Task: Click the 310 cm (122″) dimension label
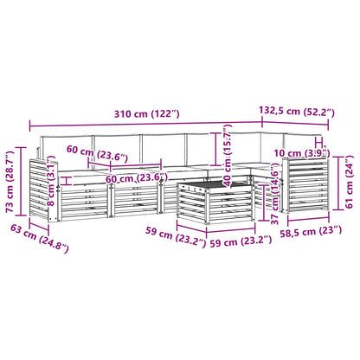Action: pyautogui.click(x=147, y=114)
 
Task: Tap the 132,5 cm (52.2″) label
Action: pyautogui.click(x=297, y=111)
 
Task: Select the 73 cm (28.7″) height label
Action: pyautogui.click(x=10, y=182)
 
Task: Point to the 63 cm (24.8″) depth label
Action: pyautogui.click(x=40, y=238)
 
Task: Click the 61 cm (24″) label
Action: pyautogui.click(x=350, y=182)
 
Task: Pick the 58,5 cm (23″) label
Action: pyautogui.click(x=311, y=232)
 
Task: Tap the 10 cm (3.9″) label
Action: pyautogui.click(x=302, y=153)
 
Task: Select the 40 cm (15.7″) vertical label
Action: pyautogui.click(x=228, y=155)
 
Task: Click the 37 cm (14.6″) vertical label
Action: pyautogui.click(x=275, y=194)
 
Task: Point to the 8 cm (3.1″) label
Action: pyautogui.click(x=51, y=181)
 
